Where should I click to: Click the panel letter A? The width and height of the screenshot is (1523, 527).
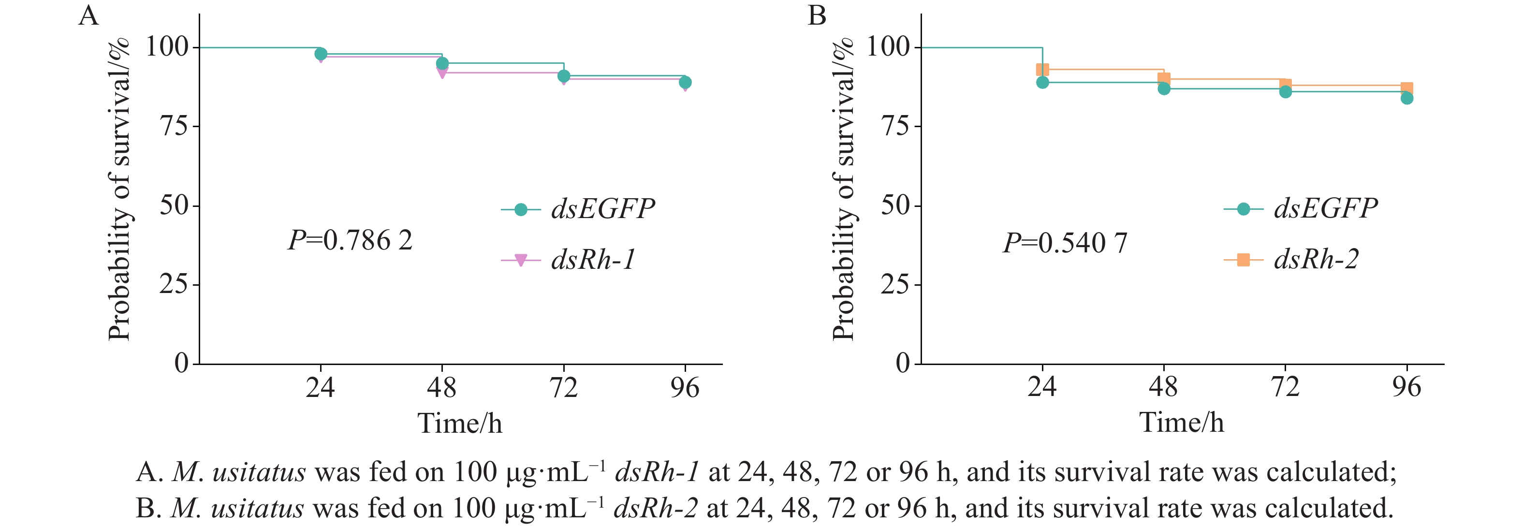88,16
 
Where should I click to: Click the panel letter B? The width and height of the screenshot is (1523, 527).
817,16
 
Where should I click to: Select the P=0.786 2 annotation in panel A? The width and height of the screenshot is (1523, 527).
350,241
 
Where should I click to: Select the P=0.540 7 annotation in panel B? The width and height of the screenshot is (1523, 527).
1066,243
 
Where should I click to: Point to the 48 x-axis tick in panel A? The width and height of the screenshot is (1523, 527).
441,388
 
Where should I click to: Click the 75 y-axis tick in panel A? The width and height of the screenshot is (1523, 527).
175,126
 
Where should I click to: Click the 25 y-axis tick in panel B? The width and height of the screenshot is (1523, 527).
896,284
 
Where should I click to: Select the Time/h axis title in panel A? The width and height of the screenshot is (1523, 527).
460,424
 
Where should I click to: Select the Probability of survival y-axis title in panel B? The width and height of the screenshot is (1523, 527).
843,189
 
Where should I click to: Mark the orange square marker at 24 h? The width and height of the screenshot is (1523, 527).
1042,70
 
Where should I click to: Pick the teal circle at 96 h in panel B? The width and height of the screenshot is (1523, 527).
1407,98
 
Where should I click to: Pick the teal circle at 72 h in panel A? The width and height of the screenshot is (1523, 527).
563,76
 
